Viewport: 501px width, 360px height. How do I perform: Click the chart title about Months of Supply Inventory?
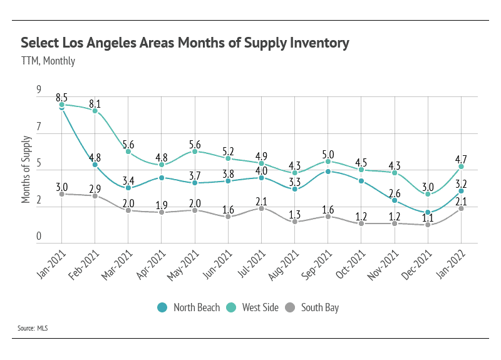185,43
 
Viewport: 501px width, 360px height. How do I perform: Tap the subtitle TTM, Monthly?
48,61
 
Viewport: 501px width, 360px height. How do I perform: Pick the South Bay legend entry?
313,307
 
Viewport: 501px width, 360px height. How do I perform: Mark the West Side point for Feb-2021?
95,111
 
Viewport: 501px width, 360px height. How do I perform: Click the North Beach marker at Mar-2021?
128,188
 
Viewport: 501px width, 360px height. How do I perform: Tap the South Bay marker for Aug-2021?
295,222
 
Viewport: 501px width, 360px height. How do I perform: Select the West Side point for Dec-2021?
428,195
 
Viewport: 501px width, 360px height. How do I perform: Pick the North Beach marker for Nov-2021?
395,200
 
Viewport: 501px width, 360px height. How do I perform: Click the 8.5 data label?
61,97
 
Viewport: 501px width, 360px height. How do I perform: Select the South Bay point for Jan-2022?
462,208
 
